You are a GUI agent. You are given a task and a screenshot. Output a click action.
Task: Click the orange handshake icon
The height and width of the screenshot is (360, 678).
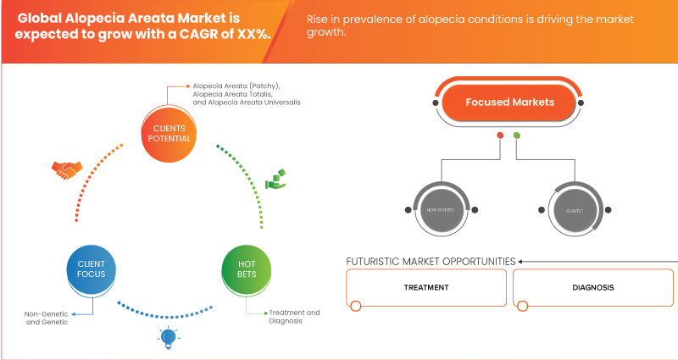coord(64,169)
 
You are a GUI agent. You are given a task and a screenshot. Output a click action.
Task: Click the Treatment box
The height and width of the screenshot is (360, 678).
coord(426,287)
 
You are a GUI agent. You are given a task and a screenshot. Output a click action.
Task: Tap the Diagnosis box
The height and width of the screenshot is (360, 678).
coord(592,287)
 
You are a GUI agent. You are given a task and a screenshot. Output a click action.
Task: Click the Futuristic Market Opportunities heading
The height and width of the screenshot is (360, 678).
coord(431,261)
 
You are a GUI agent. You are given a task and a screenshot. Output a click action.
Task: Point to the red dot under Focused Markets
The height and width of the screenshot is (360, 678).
coord(501,136)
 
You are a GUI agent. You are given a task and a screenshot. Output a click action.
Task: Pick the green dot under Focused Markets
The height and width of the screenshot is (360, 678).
coord(517,136)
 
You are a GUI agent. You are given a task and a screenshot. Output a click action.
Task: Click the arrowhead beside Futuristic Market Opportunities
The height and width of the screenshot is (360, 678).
coord(521,261)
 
